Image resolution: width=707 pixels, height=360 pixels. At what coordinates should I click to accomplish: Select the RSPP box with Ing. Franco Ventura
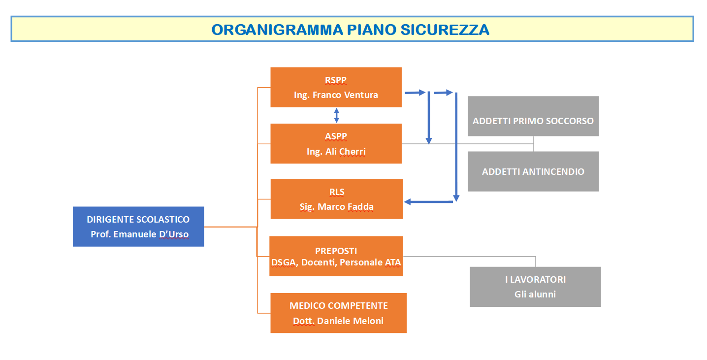point(336,87)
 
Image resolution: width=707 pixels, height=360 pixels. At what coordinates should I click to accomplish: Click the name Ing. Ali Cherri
point(336,152)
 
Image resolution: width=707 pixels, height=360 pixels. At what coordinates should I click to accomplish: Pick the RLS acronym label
point(336,192)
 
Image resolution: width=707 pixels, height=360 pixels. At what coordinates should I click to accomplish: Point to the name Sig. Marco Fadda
point(336,207)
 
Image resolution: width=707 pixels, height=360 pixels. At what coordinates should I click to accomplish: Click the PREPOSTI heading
point(336,251)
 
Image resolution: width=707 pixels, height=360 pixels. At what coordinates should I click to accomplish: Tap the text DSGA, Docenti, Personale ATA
point(336,263)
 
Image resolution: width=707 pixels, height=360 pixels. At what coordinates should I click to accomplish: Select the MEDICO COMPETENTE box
point(338,313)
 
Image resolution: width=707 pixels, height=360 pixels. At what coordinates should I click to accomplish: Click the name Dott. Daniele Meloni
point(338,321)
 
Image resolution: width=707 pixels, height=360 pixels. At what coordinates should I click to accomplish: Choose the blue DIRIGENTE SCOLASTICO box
point(138,226)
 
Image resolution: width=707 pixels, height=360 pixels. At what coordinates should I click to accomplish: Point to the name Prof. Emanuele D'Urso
point(139,234)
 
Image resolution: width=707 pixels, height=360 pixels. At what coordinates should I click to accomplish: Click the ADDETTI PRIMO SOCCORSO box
point(533,116)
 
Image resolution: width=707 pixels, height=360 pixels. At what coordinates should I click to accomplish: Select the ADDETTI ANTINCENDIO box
point(533,171)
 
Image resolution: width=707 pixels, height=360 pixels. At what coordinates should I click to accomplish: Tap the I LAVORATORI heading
point(535,280)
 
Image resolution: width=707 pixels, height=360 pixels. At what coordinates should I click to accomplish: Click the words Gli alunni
point(535,295)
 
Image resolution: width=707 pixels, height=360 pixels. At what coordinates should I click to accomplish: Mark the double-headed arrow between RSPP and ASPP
point(336,115)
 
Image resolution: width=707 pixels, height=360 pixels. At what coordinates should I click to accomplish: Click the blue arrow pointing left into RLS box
point(428,201)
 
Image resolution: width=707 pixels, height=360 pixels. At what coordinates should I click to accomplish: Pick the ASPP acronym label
point(336,136)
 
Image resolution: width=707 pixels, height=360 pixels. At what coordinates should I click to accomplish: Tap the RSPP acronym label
point(336,80)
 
